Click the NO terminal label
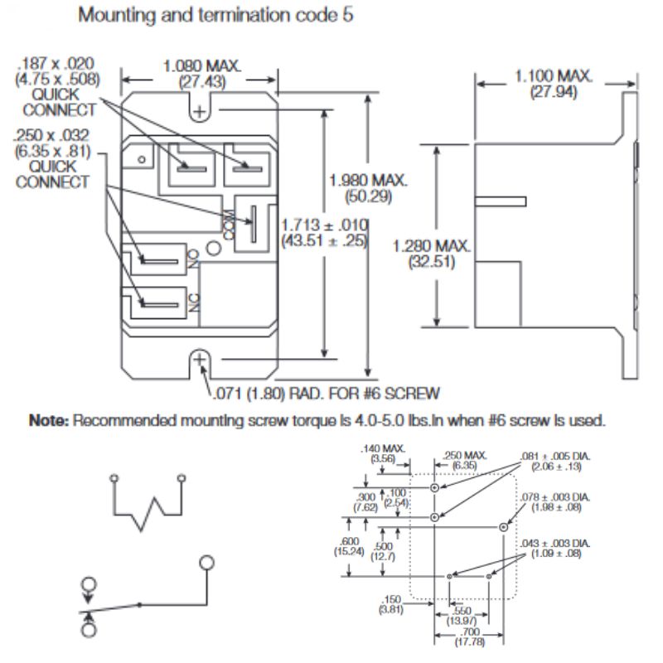click(195, 261)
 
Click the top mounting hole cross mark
click(200, 109)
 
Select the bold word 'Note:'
click(52, 421)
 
